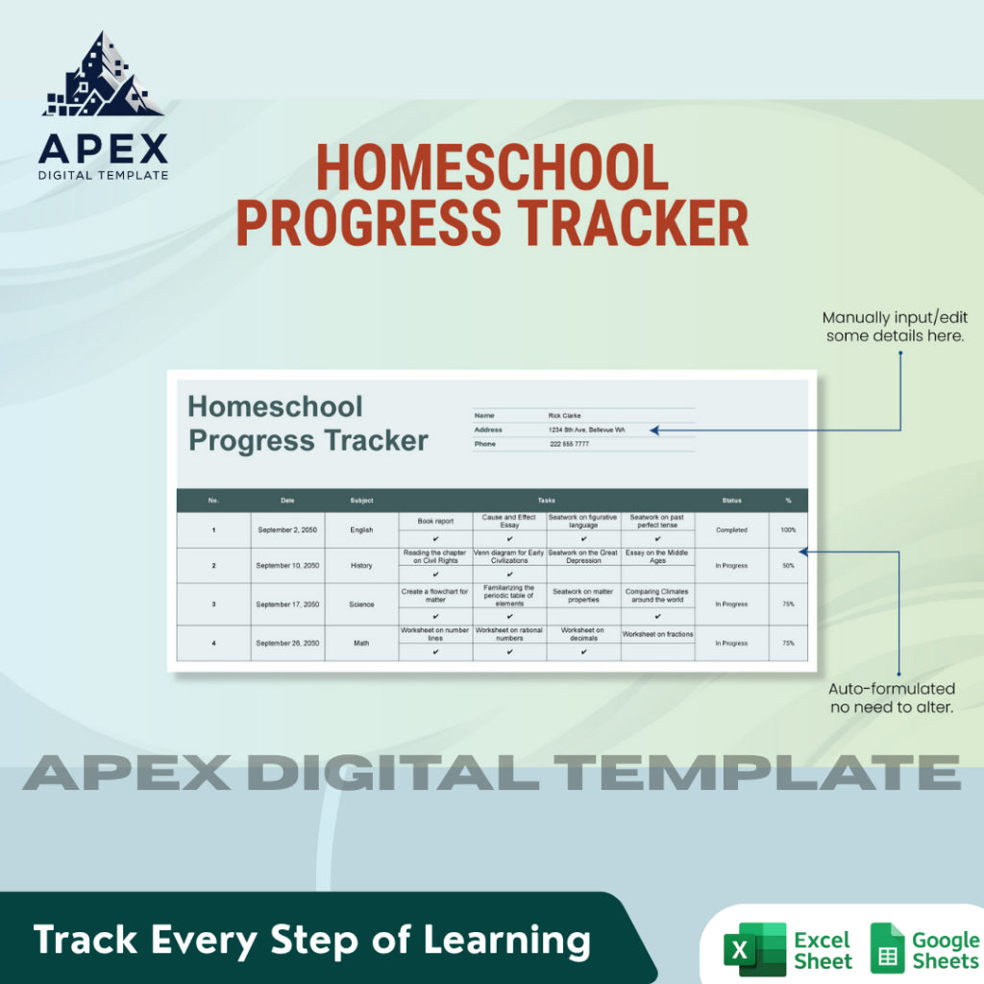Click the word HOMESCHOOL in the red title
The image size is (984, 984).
(492, 169)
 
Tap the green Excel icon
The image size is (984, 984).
(755, 949)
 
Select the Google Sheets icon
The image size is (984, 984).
(887, 949)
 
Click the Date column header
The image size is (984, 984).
(287, 501)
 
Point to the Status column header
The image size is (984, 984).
(731, 501)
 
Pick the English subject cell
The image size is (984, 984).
(361, 529)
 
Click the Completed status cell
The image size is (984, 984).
(731, 529)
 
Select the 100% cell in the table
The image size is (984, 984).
(788, 529)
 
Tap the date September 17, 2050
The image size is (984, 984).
(287, 604)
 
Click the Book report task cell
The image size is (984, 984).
(435, 521)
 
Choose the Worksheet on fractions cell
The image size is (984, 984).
(657, 634)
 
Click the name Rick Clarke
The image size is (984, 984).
(565, 416)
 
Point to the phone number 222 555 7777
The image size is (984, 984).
(570, 444)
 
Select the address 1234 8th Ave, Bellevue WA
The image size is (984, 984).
(586, 430)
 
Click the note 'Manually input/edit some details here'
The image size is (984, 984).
(893, 327)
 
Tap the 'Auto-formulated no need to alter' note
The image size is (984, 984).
(892, 698)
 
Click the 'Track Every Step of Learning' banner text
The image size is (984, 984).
(312, 940)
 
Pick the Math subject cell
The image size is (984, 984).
(361, 643)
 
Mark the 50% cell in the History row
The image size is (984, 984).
(788, 566)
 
